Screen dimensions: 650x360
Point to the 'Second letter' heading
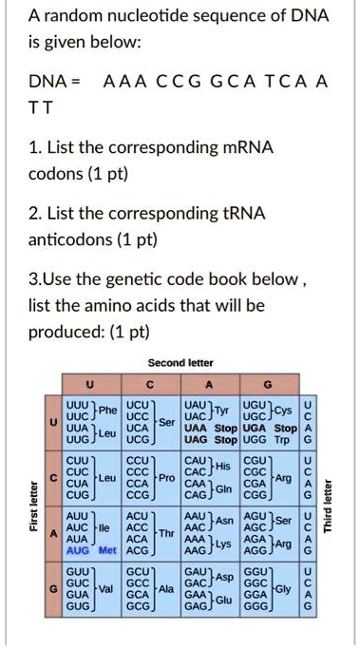(x=180, y=362)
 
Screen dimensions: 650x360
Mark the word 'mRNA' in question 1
(x=245, y=149)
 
